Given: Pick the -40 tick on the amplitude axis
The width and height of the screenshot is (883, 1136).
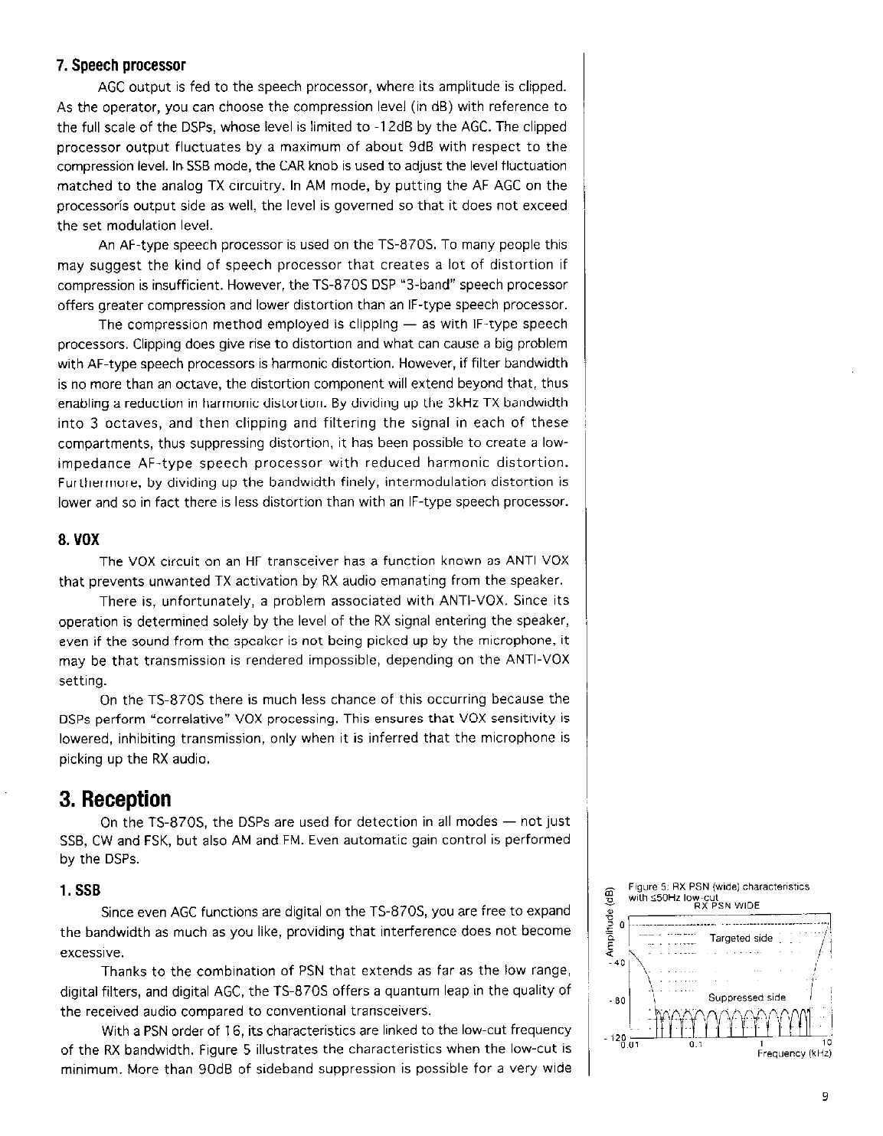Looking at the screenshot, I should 619,963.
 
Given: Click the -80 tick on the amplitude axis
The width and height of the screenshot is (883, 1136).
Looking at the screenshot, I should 619,1001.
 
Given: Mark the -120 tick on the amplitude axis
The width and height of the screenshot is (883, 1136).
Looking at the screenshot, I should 616,1036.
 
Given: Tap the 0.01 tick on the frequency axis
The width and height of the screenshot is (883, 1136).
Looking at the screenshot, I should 630,1043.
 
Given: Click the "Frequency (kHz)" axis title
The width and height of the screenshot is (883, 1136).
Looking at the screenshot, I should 793,1053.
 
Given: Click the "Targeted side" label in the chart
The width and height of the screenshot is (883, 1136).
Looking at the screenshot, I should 741,939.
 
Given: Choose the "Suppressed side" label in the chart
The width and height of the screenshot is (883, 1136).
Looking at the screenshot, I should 747,997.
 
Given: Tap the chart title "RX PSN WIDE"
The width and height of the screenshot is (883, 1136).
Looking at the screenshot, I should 726,906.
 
